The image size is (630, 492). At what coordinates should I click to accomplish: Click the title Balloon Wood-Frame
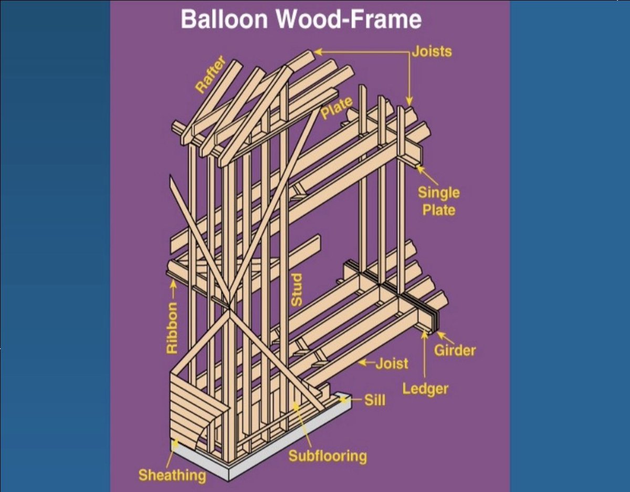pyautogui.click(x=301, y=19)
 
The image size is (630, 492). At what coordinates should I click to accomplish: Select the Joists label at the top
pyautogui.click(x=432, y=51)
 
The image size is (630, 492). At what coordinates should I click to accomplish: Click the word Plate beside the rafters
pyautogui.click(x=337, y=107)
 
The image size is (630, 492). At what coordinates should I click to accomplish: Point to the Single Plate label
pyautogui.click(x=438, y=201)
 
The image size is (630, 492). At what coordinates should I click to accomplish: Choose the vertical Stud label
pyautogui.click(x=297, y=290)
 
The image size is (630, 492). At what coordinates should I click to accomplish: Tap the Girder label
pyautogui.click(x=455, y=350)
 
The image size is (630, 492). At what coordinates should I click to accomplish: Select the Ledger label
pyautogui.click(x=425, y=389)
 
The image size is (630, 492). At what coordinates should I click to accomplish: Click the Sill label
pyautogui.click(x=375, y=400)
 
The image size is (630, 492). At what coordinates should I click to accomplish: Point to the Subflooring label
pyautogui.click(x=327, y=456)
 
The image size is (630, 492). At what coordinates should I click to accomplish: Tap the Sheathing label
pyautogui.click(x=172, y=476)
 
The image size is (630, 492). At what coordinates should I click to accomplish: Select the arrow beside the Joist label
pyautogui.click(x=366, y=362)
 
